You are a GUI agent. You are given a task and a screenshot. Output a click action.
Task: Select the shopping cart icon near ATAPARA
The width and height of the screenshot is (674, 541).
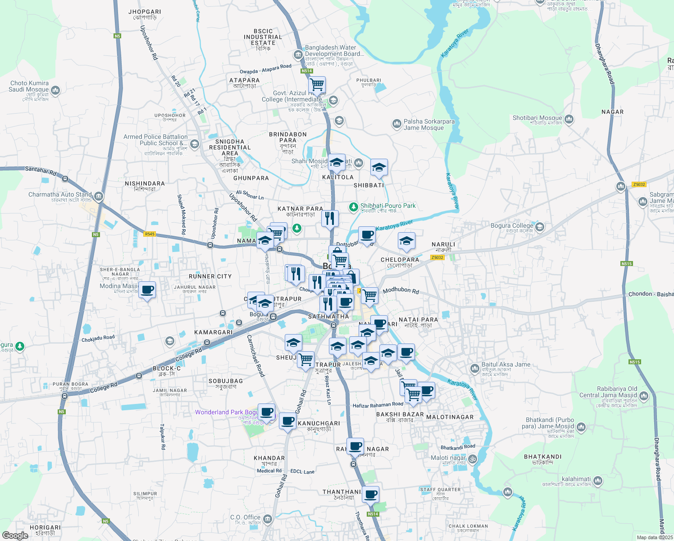317,84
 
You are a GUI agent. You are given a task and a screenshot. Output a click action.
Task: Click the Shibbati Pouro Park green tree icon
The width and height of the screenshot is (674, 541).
354,206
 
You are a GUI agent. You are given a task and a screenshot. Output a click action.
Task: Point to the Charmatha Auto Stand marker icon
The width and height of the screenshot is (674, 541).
99,196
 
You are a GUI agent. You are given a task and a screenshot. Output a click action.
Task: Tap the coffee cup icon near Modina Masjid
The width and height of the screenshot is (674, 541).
147,290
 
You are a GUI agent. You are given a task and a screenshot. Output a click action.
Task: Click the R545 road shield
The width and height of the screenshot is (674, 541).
150,234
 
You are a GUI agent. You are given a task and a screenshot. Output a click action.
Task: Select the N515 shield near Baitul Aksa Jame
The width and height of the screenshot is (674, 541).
634,362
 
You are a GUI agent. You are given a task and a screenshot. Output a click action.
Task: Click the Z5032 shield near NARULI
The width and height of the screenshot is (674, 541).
437,257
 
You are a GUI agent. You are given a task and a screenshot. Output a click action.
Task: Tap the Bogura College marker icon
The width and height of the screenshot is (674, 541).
540,226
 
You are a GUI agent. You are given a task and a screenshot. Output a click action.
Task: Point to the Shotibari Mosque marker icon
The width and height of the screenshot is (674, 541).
569,119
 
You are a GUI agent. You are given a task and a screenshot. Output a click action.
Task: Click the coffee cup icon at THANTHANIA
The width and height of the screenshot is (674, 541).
370,494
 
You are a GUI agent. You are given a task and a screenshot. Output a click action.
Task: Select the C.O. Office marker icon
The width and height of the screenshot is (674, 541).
268,519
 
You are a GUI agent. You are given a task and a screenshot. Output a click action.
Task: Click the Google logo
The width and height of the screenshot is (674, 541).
15,536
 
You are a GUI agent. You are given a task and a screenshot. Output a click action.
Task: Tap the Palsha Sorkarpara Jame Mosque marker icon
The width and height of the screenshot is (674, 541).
396,124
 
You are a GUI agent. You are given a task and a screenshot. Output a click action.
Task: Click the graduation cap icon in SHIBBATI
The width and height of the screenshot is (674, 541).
379,167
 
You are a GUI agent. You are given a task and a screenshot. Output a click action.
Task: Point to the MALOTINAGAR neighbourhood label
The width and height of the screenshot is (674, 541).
450,417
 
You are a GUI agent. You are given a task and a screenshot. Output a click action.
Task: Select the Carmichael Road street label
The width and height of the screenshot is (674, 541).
255,356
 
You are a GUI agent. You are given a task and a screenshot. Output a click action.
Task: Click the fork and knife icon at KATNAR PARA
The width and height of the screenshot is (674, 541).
330,218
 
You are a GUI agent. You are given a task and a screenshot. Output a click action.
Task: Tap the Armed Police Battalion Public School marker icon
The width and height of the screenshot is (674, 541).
195,144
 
